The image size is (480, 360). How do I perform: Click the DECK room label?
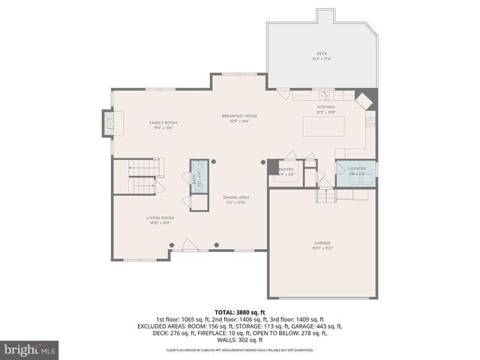click(321, 53)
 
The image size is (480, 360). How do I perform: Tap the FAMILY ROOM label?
click(163, 122)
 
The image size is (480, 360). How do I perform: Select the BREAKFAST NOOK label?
click(239, 115)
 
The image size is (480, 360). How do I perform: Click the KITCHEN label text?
click(325, 107)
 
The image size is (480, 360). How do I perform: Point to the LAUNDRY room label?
click(355, 169)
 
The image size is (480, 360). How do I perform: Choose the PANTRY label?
click(286, 169)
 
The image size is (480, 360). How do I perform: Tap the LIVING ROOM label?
click(160, 217)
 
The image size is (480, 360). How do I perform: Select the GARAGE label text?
click(322, 243)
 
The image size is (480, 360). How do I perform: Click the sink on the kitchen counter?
click(322, 95)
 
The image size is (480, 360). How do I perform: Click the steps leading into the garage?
click(325, 195)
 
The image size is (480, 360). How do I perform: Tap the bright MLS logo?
click(30, 349)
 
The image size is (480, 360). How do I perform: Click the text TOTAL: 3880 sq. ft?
click(240, 311)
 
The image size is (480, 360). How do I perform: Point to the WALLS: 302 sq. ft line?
click(240, 340)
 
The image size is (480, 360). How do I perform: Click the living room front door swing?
click(190, 244)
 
